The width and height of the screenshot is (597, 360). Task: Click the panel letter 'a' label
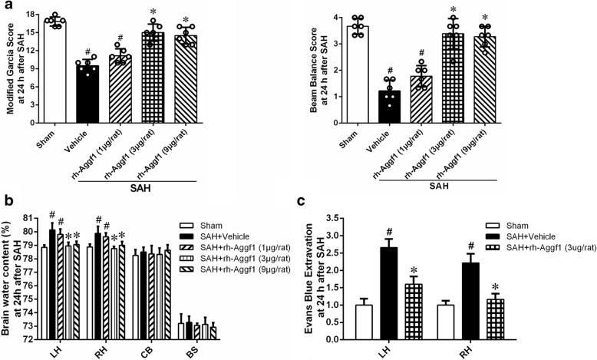click(7, 6)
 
